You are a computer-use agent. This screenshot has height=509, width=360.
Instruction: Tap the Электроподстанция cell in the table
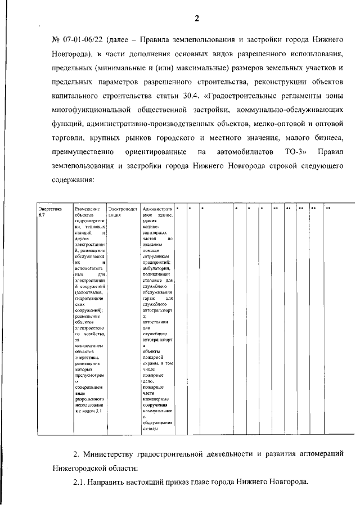click(122, 211)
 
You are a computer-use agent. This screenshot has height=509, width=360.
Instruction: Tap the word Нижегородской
click(84, 468)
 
